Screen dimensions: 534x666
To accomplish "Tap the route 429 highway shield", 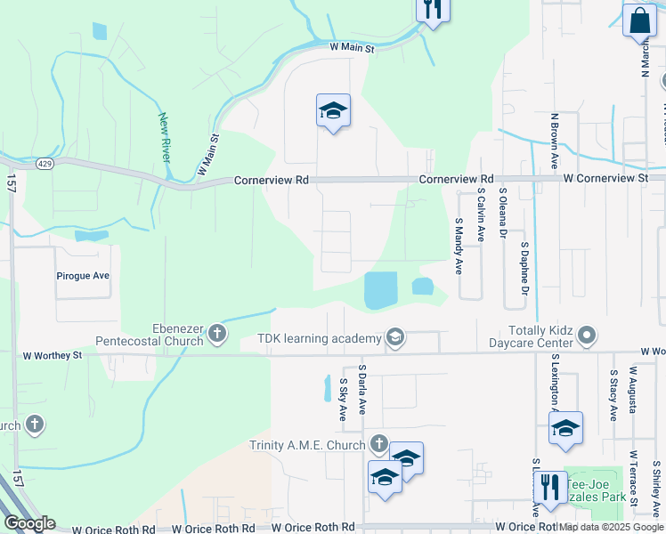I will point(45,164).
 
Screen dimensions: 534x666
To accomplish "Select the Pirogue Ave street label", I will point(82,276).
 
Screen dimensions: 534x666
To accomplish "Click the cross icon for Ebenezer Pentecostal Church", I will point(216,335).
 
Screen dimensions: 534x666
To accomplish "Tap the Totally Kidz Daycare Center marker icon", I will point(587,336).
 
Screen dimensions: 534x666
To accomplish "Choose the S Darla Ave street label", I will point(362,389).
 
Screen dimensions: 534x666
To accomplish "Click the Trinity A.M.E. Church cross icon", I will point(378,444).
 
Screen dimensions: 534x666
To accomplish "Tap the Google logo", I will point(28,523).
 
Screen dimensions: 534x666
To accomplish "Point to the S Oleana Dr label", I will point(503,214).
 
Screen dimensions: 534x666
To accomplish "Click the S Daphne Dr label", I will point(525,268).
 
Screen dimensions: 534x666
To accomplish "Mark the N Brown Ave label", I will point(554,142).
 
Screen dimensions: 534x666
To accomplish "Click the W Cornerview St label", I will point(605,179).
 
